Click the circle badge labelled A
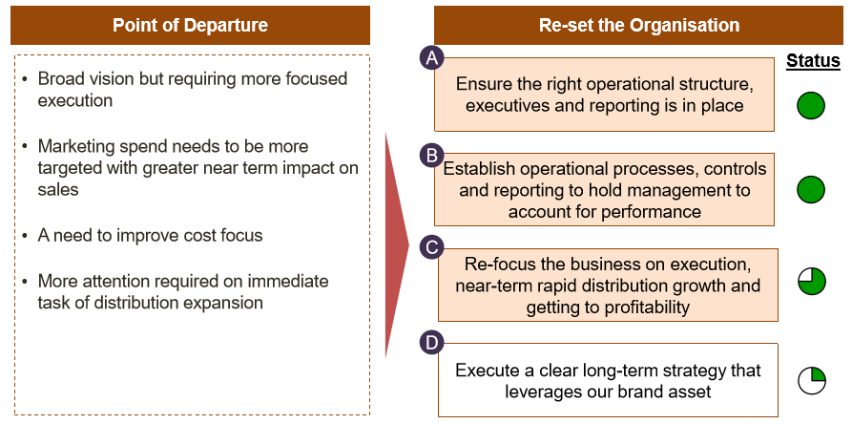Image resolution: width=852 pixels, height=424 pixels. [432, 58]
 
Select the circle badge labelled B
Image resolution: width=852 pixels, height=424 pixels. [432, 156]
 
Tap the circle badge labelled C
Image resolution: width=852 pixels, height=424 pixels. [432, 248]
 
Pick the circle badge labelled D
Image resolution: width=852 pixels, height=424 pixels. [432, 344]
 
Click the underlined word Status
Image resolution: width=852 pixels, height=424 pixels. [813, 61]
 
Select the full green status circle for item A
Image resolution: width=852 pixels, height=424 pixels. [811, 105]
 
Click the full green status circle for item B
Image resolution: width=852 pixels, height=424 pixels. [811, 190]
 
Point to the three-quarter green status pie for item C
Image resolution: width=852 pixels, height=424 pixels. [812, 282]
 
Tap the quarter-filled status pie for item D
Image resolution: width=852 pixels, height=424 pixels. [812, 380]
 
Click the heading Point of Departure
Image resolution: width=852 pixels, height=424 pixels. [190, 25]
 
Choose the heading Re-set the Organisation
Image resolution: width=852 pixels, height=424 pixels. [639, 25]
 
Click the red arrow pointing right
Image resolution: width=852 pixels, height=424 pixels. [396, 244]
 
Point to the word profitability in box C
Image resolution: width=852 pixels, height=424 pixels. [635, 307]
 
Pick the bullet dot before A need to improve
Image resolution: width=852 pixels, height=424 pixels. [25, 237]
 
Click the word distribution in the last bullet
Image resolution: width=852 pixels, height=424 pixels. [137, 302]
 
